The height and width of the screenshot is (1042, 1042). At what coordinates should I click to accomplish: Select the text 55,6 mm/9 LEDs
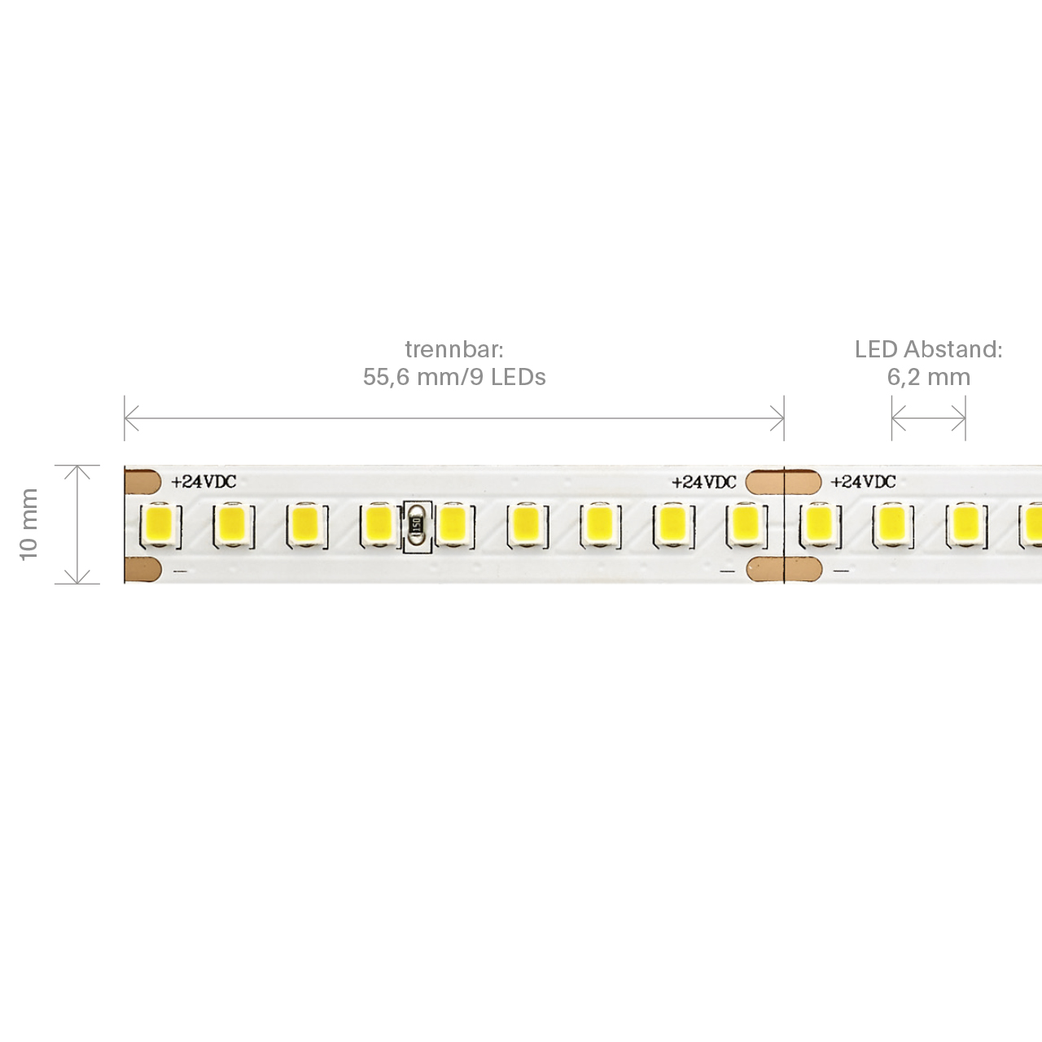point(454,377)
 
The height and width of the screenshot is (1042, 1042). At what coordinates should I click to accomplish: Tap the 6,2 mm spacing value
point(929,377)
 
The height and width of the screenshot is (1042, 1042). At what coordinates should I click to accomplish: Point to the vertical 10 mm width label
point(28,524)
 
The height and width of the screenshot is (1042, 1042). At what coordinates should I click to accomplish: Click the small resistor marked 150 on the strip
point(417,524)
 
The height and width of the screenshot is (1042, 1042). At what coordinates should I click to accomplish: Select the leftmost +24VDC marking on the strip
point(204,481)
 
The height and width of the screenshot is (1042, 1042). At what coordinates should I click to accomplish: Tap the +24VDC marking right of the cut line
point(863,481)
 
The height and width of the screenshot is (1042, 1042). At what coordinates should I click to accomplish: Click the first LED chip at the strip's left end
point(160,525)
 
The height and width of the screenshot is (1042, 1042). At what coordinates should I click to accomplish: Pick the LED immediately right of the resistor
point(453,525)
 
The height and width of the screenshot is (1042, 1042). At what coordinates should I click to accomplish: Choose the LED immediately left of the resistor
point(379,525)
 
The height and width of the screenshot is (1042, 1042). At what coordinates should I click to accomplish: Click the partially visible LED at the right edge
point(1031,525)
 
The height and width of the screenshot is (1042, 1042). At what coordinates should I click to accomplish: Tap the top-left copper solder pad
point(142,482)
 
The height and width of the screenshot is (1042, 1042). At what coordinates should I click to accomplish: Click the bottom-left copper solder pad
point(142,570)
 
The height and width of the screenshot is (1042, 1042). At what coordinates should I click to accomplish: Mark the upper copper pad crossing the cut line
point(783,482)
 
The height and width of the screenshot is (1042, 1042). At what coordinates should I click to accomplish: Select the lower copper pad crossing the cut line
point(784,569)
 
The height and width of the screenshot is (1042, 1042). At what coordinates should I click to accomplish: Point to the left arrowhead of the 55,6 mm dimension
point(131,418)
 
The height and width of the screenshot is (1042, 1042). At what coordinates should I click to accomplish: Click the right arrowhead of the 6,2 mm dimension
point(959,418)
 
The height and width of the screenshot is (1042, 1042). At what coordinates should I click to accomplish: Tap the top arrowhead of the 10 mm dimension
point(77,472)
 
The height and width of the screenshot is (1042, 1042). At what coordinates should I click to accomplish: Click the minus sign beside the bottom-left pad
point(180,571)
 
